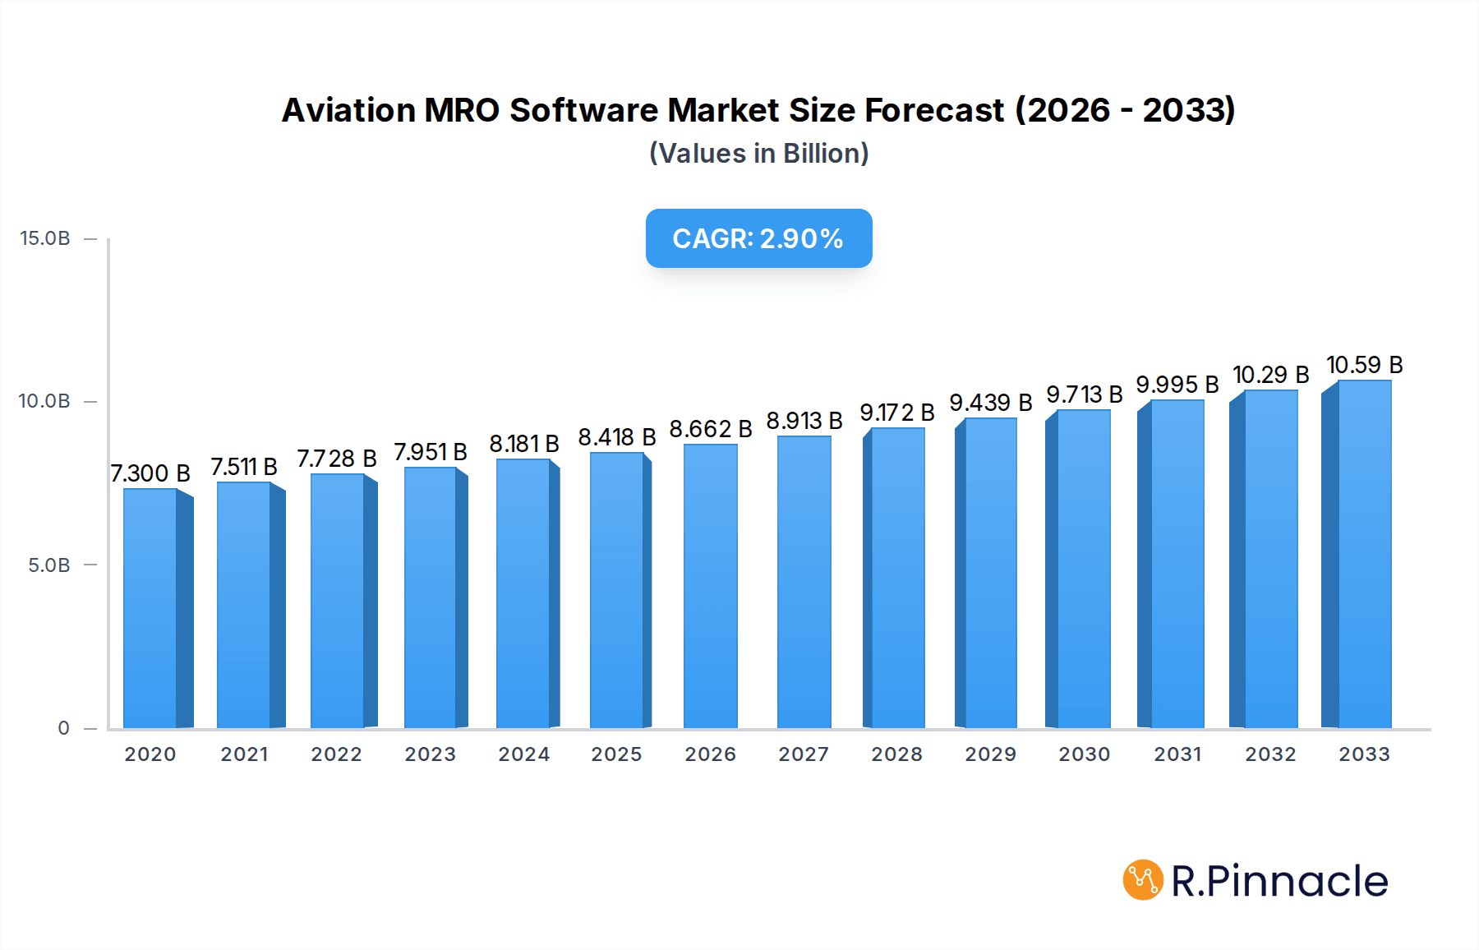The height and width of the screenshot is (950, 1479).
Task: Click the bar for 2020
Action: pos(150,608)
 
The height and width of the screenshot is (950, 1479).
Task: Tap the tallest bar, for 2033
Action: pos(1364,554)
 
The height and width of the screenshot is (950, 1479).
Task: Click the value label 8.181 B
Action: pos(524,444)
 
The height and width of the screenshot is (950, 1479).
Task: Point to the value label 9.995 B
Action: pos(1177,385)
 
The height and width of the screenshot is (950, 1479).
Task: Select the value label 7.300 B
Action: pos(150,473)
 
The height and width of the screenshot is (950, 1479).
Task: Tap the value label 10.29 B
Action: pos(1270,375)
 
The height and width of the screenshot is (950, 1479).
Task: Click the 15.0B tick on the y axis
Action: pos(45,238)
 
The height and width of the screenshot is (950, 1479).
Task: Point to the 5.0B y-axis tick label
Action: pos(49,565)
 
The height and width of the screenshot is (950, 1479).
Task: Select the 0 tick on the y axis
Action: pos(63,728)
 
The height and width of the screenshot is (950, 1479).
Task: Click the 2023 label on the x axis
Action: pos(430,754)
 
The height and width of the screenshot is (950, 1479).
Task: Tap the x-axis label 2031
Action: pos(1177,754)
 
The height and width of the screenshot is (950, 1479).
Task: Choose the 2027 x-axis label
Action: pos(804,754)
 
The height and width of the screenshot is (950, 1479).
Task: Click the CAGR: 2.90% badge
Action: pos(758,238)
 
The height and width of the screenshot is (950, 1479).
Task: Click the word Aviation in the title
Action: pos(349,110)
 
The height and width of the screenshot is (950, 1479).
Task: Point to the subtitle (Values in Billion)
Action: pos(758,154)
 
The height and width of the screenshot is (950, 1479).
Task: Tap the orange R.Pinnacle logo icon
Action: pos(1143,880)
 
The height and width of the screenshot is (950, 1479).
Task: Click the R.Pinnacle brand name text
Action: pos(1279,881)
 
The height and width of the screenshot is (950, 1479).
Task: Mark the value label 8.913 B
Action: pos(804,421)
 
